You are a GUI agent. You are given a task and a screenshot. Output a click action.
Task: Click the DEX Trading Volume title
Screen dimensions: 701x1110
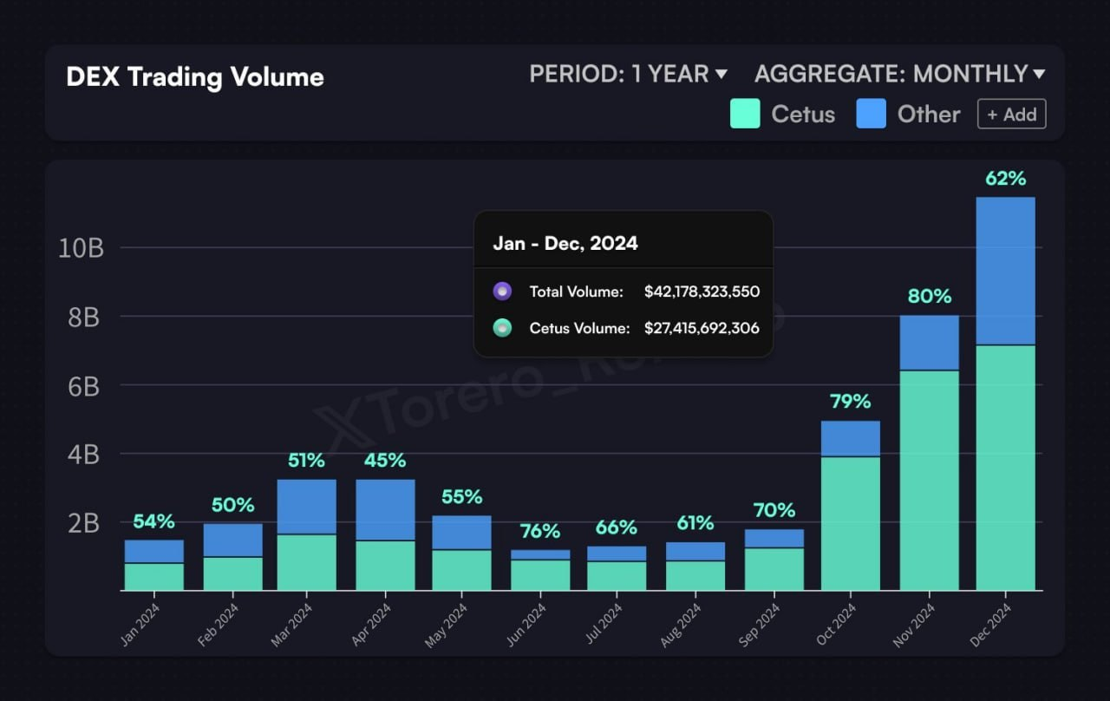pos(194,76)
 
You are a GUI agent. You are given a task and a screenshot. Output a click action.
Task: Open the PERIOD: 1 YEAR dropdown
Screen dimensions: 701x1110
pos(628,75)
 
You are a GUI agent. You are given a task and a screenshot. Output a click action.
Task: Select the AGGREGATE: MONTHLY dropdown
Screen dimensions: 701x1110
pos(899,75)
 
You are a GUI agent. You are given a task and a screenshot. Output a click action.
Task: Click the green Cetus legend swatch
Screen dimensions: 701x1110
pos(745,114)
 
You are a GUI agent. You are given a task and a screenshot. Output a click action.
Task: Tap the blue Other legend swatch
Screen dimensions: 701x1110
pos(871,114)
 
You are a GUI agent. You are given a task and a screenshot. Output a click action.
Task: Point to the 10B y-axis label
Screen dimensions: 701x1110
pos(81,248)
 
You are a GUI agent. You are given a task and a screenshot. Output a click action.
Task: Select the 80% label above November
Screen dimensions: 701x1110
pos(929,296)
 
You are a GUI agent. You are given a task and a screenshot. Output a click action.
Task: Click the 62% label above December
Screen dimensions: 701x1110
pos(1005,179)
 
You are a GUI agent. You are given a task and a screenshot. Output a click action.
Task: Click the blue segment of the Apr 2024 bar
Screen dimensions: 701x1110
pos(385,509)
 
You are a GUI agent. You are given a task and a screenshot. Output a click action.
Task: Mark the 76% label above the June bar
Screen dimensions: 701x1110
pos(539,531)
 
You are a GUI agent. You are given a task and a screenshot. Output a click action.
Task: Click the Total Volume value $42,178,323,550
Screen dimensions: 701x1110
pos(702,292)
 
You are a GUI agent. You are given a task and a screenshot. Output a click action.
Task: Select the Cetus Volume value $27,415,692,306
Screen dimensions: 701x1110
pos(702,328)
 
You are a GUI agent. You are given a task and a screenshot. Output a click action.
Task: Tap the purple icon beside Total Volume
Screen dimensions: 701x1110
pos(502,292)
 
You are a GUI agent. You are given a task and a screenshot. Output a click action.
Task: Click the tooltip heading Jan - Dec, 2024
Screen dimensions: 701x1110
pos(565,243)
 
